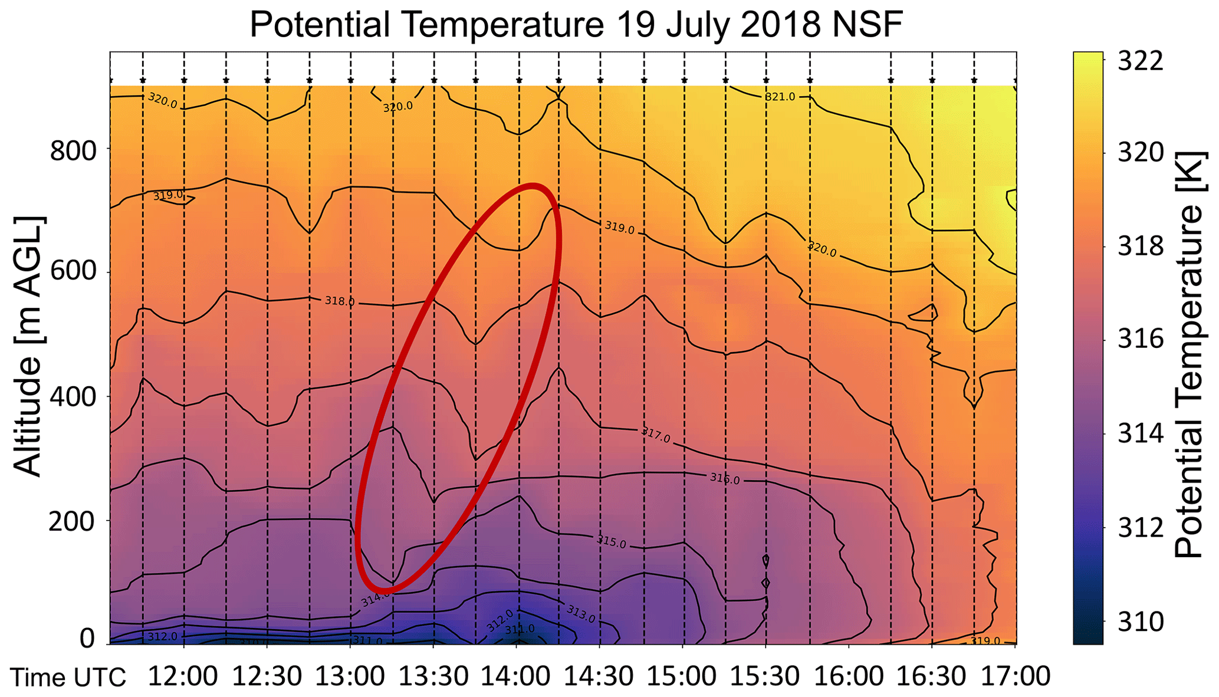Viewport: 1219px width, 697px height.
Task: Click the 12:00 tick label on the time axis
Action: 183,676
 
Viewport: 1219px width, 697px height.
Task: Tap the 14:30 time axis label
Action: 599,676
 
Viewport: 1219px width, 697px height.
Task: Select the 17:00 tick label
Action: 1015,676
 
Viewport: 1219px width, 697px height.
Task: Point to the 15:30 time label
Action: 765,676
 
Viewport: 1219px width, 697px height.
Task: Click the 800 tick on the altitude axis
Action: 73,152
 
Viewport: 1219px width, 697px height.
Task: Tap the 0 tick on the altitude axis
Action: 87,639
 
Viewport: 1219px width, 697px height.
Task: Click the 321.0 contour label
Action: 780,97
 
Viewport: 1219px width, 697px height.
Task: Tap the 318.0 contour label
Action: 340,301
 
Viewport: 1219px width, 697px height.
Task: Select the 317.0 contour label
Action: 656,436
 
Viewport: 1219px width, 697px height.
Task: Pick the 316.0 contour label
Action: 724,478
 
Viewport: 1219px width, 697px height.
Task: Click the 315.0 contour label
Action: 612,541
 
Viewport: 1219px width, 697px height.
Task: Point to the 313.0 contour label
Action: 580,613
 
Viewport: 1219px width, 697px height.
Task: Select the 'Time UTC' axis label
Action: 68,678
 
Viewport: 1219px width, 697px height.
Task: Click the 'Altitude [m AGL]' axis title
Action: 28,347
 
